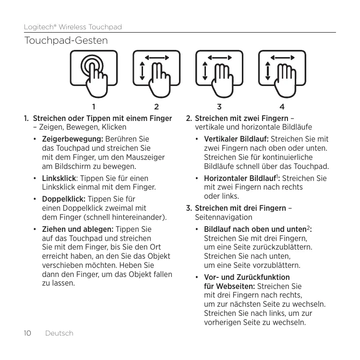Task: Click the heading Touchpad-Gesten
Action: coord(66,42)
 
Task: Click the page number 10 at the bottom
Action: coord(27,333)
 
